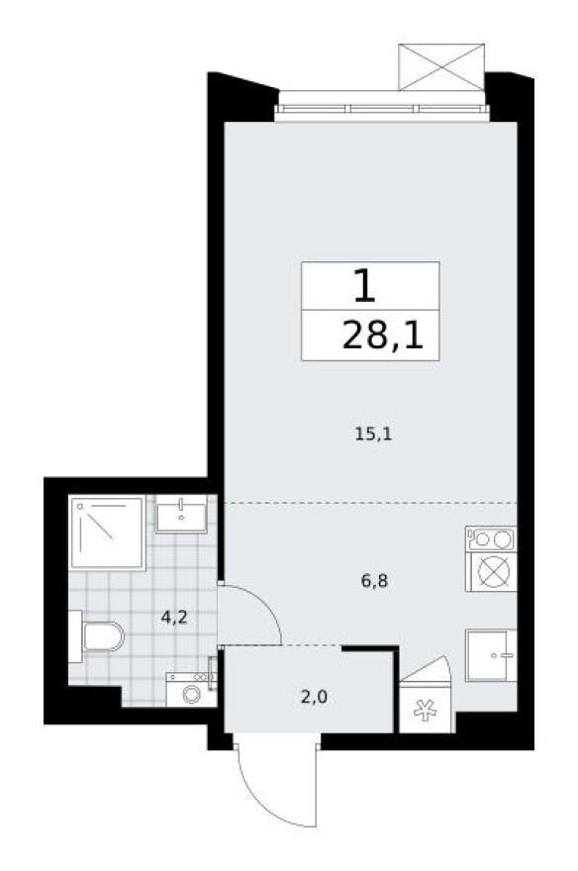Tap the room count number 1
coord(364,286)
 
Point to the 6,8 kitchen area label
coord(373,581)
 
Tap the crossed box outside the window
coord(439,67)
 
